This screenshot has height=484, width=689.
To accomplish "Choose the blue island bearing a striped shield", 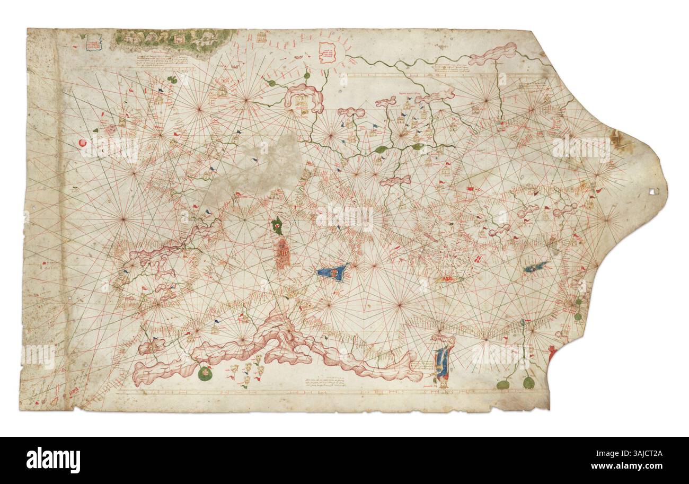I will click(x=333, y=272).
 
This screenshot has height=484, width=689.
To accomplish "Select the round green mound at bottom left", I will click(x=205, y=374).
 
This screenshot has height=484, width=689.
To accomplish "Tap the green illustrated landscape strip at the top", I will click(x=174, y=38).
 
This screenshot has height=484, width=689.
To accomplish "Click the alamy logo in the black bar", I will click(x=53, y=459).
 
